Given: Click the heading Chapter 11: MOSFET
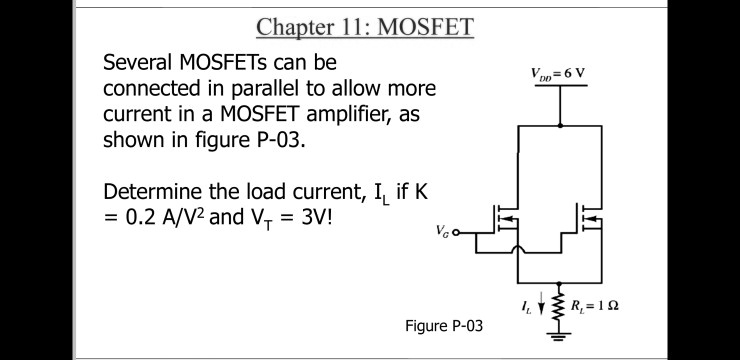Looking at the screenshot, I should [x=364, y=26].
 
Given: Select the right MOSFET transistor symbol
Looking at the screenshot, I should [x=589, y=216].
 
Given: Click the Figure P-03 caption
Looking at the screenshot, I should [x=443, y=326].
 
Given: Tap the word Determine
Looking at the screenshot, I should [x=153, y=191].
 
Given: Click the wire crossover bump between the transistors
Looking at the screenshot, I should [x=517, y=246].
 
